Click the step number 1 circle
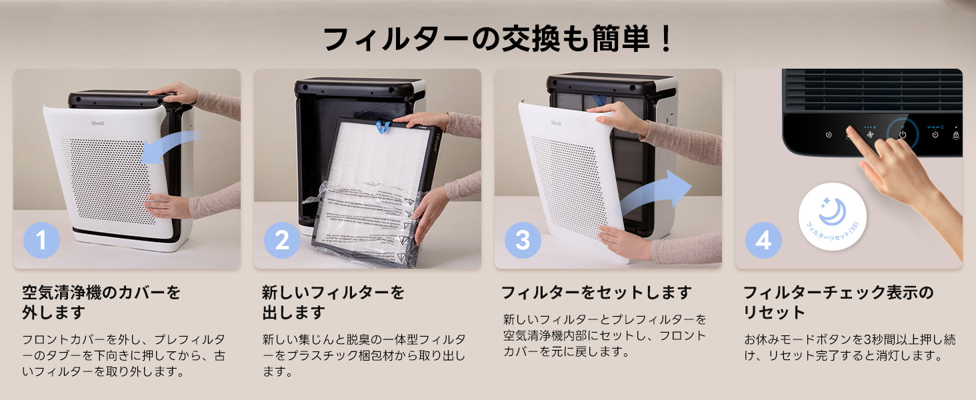[41, 240]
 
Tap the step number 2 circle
[282, 240]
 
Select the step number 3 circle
[523, 240]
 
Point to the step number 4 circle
[763, 240]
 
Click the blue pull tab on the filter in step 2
[383, 127]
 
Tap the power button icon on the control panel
[903, 135]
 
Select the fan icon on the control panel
[870, 135]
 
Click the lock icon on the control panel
[956, 135]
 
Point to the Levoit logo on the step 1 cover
[98, 123]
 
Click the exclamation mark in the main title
[665, 39]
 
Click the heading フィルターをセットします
[596, 293]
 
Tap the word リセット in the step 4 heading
[773, 313]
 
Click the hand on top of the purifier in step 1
[173, 92]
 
